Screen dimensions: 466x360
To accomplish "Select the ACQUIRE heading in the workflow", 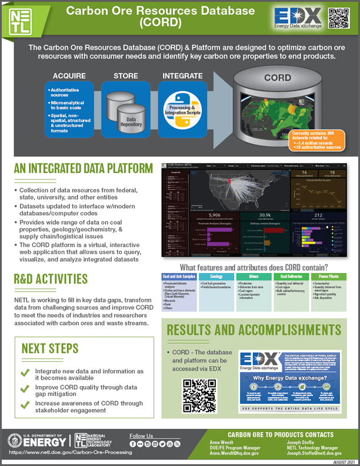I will [69, 76].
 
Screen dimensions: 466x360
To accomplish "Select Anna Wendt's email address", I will [234, 454].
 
